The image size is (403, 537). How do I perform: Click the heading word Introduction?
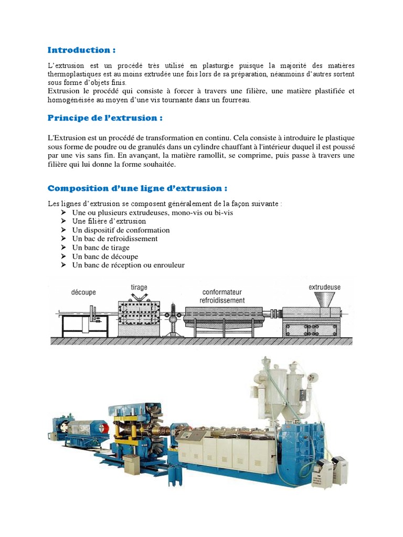pos(79,50)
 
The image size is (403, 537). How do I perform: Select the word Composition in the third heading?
pos(75,188)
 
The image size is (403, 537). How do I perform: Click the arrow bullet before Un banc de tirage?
pos(62,248)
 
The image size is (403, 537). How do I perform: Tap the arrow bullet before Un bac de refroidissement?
pos(62,239)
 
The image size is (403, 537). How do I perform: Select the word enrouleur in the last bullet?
pos(168,265)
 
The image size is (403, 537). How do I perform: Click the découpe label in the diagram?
pos(83,292)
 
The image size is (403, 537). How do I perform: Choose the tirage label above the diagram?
pos(139,287)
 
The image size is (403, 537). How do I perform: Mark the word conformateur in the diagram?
pos(221,293)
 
